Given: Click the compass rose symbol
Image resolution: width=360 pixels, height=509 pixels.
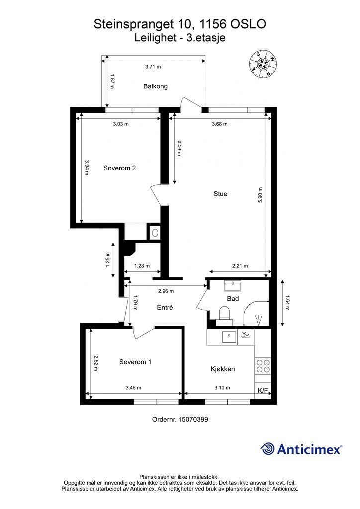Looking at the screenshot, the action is coord(263,64).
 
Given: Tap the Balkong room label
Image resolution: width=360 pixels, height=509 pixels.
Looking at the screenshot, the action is coord(156,86).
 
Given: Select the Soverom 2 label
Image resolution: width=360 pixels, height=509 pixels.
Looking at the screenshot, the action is coord(119,168).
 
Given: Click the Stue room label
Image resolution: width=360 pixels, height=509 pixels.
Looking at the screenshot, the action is coord(220,194).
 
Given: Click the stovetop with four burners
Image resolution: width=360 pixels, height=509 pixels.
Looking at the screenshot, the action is coord(262,366).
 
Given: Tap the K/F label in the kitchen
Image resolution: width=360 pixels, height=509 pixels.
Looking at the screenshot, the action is coord(263,391).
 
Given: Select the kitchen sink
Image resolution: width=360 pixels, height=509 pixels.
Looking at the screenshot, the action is coord(230,338).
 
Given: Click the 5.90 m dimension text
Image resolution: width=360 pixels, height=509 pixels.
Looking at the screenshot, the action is coord(260,195).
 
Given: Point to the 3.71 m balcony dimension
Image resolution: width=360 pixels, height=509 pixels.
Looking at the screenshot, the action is coord(153,67).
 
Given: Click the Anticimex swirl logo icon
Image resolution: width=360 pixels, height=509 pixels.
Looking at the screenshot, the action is coord(268,449).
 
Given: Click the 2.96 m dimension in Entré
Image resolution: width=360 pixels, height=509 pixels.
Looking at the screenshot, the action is coord(166,291).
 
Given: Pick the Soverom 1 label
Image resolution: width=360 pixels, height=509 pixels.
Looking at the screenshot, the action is coord(135,362).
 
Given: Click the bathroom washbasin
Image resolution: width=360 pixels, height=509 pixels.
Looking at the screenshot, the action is coord(232,286).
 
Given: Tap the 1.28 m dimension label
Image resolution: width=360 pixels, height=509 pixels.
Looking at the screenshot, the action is coord(142,266).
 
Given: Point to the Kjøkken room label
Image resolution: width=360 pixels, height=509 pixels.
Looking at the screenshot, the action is coord(223,369).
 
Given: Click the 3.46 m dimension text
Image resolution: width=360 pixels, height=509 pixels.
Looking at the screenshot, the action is coord(133,388).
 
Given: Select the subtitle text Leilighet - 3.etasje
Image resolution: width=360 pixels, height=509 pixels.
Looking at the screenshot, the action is coord(180,38).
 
